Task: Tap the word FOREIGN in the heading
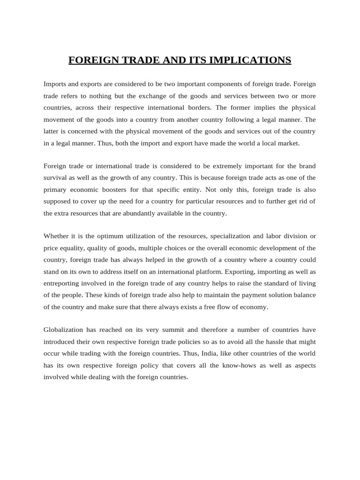coord(91,60)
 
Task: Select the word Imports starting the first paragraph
coord(55,84)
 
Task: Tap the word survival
coord(55,178)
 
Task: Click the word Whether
coord(56,236)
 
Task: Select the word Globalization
coord(63,330)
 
